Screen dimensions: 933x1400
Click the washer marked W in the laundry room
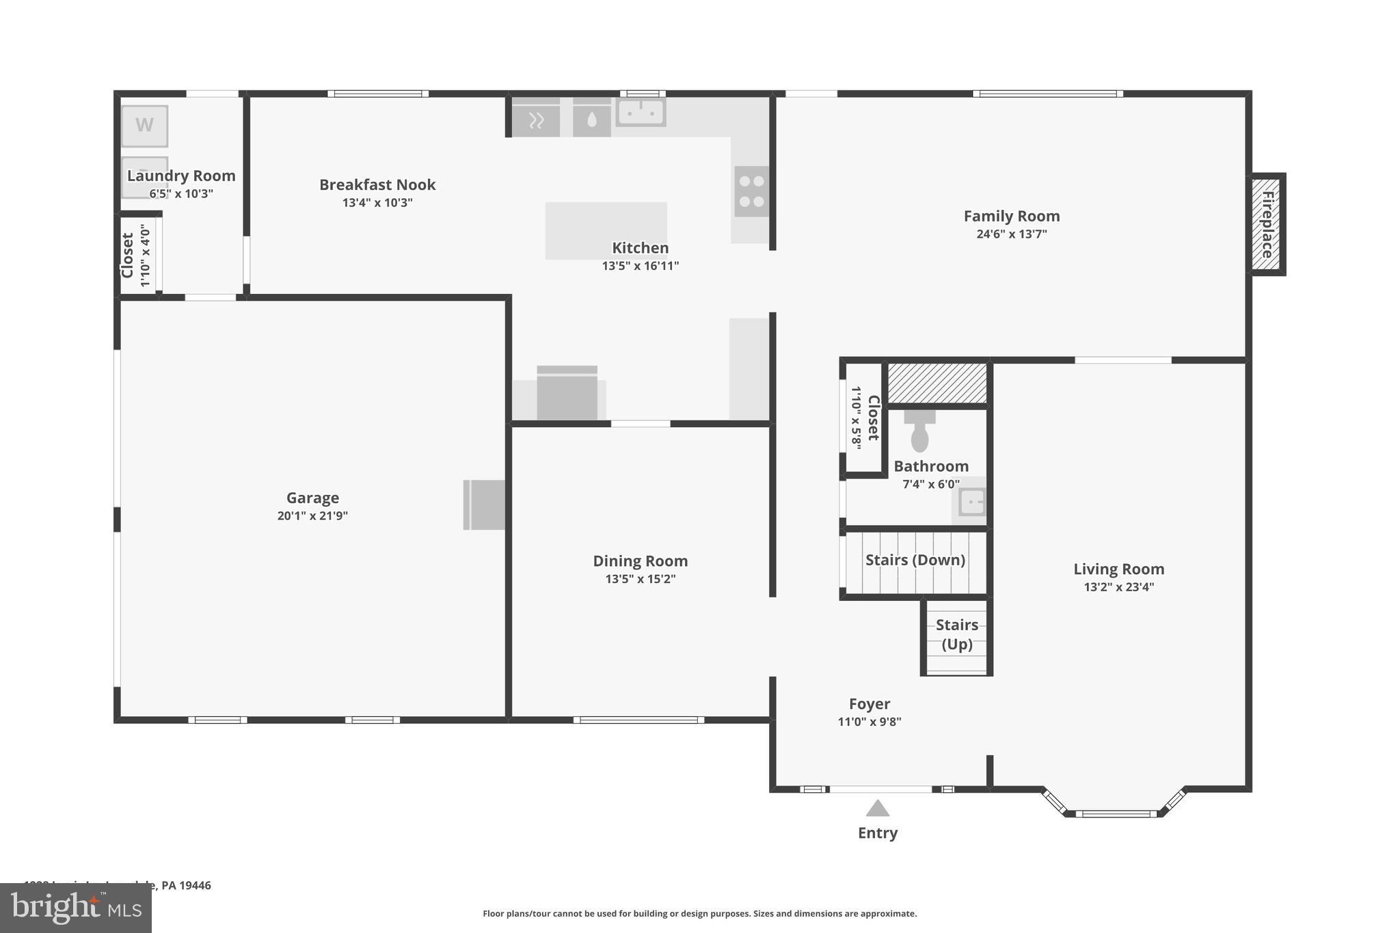[x=144, y=126]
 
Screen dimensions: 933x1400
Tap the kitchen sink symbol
[x=641, y=111]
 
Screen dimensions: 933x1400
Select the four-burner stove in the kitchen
[x=751, y=191]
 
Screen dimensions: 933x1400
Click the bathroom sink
[x=971, y=502]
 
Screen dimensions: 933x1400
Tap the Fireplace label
[x=1267, y=224]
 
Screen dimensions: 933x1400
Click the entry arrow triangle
[x=878, y=809]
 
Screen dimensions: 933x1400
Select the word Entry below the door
[x=878, y=833]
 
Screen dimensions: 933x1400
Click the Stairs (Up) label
[x=956, y=634]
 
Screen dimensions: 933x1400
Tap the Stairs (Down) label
[x=915, y=560]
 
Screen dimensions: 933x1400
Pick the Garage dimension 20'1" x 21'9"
[x=312, y=516]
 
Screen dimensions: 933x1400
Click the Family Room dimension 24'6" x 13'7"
[x=1011, y=234]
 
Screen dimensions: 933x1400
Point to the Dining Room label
[x=640, y=561]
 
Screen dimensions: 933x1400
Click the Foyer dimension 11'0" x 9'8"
[x=869, y=722]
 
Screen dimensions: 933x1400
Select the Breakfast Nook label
[x=377, y=185]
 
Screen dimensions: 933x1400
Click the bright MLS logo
[x=76, y=908]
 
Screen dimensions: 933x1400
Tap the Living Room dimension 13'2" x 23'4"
[x=1118, y=587]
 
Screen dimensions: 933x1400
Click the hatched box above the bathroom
[x=937, y=383]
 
